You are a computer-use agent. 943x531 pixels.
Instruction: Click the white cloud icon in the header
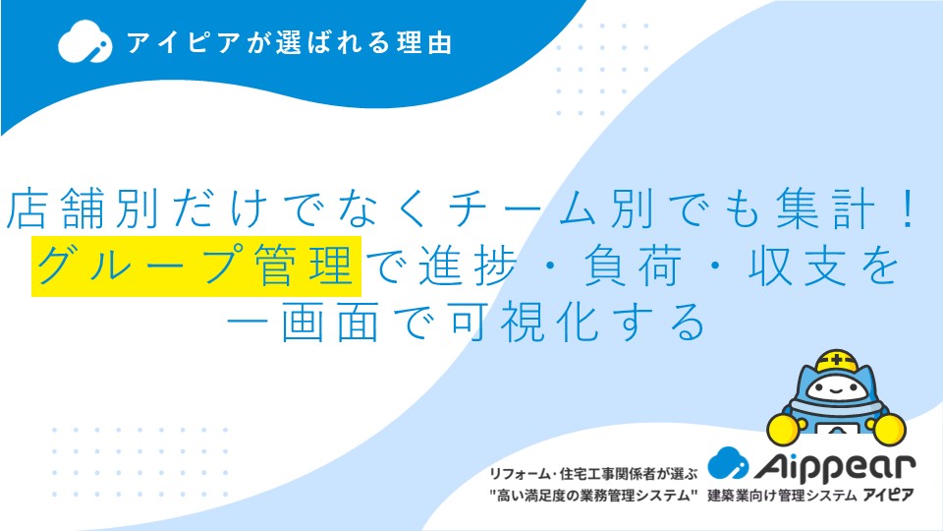point(84,41)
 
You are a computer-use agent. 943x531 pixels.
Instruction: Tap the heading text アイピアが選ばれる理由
point(289,43)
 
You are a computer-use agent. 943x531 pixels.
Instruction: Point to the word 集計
point(824,208)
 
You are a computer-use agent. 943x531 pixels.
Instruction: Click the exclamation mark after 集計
point(908,208)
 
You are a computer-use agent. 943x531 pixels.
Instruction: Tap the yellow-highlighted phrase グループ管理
point(196,266)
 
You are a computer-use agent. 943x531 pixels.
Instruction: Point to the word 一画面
point(304,323)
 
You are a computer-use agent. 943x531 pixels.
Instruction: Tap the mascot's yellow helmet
point(837,361)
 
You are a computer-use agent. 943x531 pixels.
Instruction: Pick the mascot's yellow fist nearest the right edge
point(890,428)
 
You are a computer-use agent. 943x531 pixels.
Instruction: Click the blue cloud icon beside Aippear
point(728,463)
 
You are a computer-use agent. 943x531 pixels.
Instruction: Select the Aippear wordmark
point(835,466)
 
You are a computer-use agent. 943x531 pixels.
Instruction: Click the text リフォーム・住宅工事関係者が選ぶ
point(593,474)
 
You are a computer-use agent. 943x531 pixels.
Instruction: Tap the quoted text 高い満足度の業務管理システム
point(593,496)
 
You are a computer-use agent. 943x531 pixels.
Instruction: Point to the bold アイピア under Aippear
point(888,495)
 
